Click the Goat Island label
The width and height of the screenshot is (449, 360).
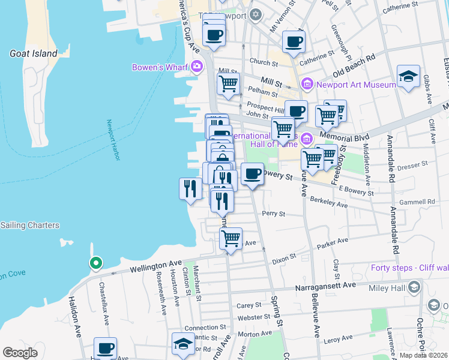tap(33, 53)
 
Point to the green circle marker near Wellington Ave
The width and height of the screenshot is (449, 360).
tap(95, 263)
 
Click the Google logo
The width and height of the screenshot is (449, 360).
tap(20, 352)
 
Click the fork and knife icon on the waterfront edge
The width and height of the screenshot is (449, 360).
tap(190, 188)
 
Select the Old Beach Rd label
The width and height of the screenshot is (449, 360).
tap(354, 65)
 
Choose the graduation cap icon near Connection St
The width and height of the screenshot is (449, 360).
tap(183, 343)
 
